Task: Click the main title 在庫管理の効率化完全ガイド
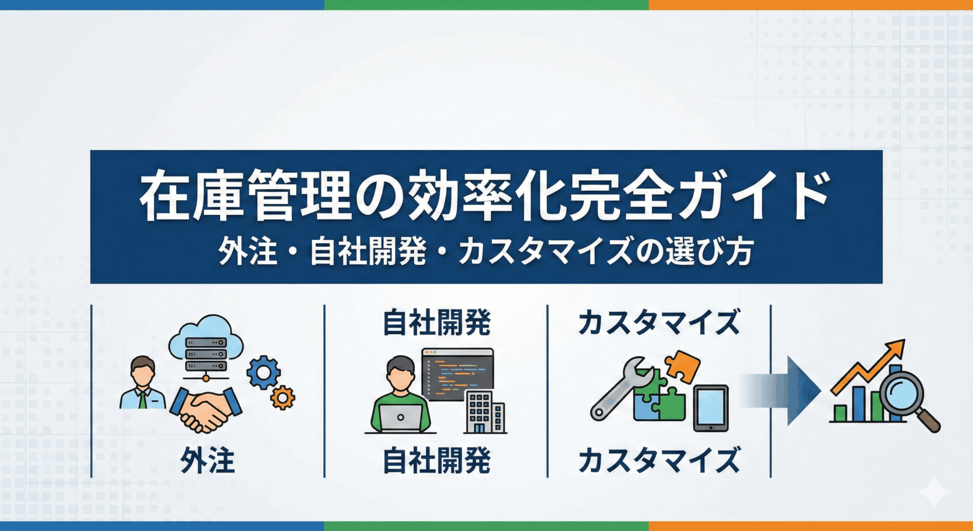485,195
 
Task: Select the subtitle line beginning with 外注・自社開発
486,252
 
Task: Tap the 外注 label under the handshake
207,461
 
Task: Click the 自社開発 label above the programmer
437,323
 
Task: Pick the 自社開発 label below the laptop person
437,461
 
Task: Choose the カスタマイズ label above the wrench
659,323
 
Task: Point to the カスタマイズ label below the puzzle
659,461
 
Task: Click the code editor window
458,374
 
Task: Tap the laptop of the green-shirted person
400,418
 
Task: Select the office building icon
484,412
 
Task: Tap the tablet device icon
710,408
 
